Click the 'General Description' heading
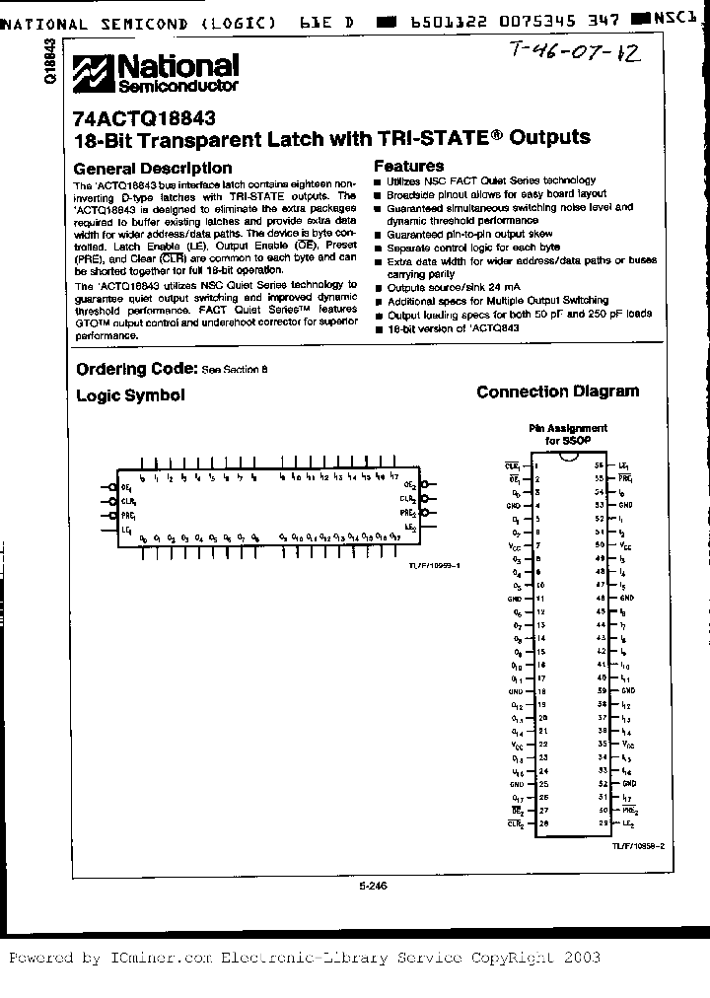153,168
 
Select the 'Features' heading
408,167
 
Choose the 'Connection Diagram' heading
557,392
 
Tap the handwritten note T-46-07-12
576,53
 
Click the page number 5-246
374,886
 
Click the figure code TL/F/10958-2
638,845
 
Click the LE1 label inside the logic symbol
126,531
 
